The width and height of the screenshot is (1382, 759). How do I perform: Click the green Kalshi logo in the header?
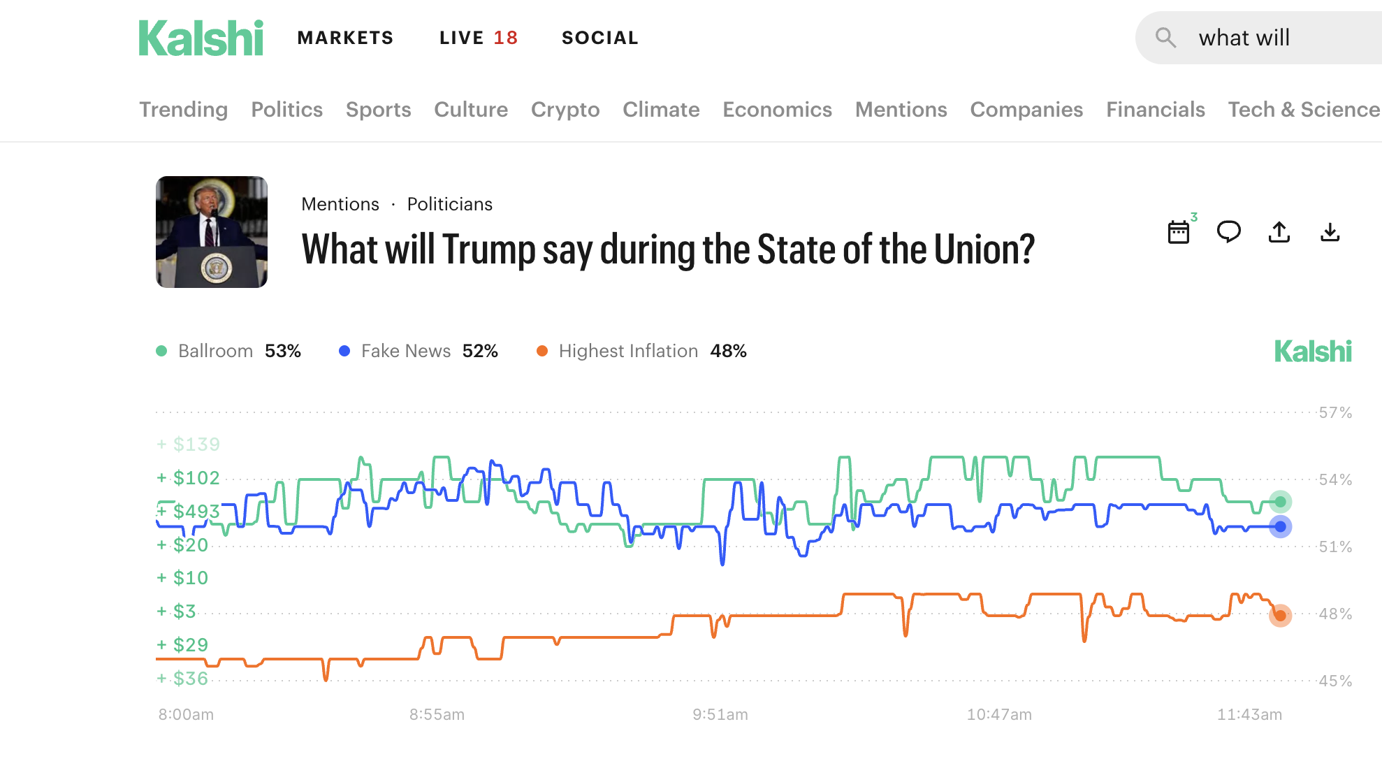(x=201, y=38)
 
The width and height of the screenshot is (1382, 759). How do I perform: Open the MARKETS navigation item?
(x=345, y=38)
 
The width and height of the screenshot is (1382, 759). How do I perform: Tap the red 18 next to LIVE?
(x=506, y=38)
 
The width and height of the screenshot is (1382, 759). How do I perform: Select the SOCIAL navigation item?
(x=600, y=38)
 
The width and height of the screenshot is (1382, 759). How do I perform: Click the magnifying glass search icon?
(x=1165, y=38)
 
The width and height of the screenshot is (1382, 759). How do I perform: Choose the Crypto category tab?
(x=565, y=110)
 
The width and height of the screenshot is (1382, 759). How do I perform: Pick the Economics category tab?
(x=777, y=110)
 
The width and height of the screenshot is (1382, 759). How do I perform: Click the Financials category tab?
(x=1155, y=110)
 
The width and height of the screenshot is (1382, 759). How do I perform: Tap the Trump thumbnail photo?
(x=212, y=232)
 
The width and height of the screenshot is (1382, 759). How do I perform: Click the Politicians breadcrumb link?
(x=449, y=204)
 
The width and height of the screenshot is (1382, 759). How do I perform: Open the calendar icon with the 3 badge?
(x=1179, y=232)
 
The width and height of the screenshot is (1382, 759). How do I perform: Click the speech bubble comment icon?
(x=1228, y=231)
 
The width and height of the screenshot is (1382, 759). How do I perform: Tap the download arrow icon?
(x=1330, y=232)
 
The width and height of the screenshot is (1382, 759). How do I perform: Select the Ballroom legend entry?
(x=215, y=351)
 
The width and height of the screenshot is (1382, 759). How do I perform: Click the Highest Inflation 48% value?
(x=728, y=351)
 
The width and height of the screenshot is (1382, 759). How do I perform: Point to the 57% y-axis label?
(x=1334, y=412)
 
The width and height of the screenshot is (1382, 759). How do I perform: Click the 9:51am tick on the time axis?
(x=720, y=714)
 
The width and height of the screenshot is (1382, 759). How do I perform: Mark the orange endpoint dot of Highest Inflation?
(x=1280, y=616)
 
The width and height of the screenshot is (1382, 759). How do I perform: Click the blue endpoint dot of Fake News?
(x=1280, y=527)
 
